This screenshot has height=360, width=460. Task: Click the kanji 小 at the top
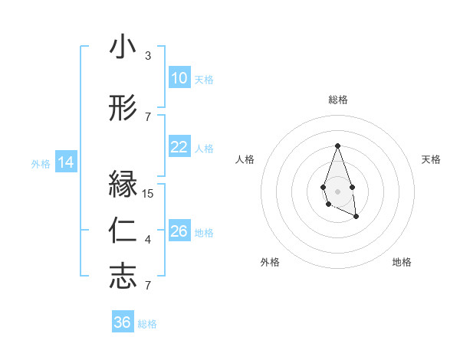pyautogui.click(x=123, y=48)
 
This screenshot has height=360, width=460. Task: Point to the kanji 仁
pyautogui.click(x=123, y=231)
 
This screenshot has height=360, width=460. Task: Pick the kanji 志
pyautogui.click(x=123, y=277)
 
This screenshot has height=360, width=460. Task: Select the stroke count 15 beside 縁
pyautogui.click(x=149, y=194)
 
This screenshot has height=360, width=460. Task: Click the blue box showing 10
pyautogui.click(x=179, y=78)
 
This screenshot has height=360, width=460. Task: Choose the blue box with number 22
pyautogui.click(x=179, y=147)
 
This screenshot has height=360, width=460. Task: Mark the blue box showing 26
pyautogui.click(x=179, y=231)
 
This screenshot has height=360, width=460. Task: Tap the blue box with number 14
pyautogui.click(x=65, y=162)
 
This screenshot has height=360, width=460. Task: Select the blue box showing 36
pyautogui.click(x=123, y=322)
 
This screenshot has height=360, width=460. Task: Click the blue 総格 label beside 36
pyautogui.click(x=147, y=324)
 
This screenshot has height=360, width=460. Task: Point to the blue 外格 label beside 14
pyautogui.click(x=41, y=163)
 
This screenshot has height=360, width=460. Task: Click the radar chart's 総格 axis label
pyautogui.click(x=337, y=100)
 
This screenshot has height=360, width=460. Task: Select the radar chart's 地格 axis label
pyautogui.click(x=402, y=262)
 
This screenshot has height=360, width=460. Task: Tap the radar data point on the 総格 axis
pyautogui.click(x=337, y=146)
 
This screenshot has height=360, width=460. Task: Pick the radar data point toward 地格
pyautogui.click(x=356, y=217)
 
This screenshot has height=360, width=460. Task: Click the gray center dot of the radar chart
pyautogui.click(x=337, y=190)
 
